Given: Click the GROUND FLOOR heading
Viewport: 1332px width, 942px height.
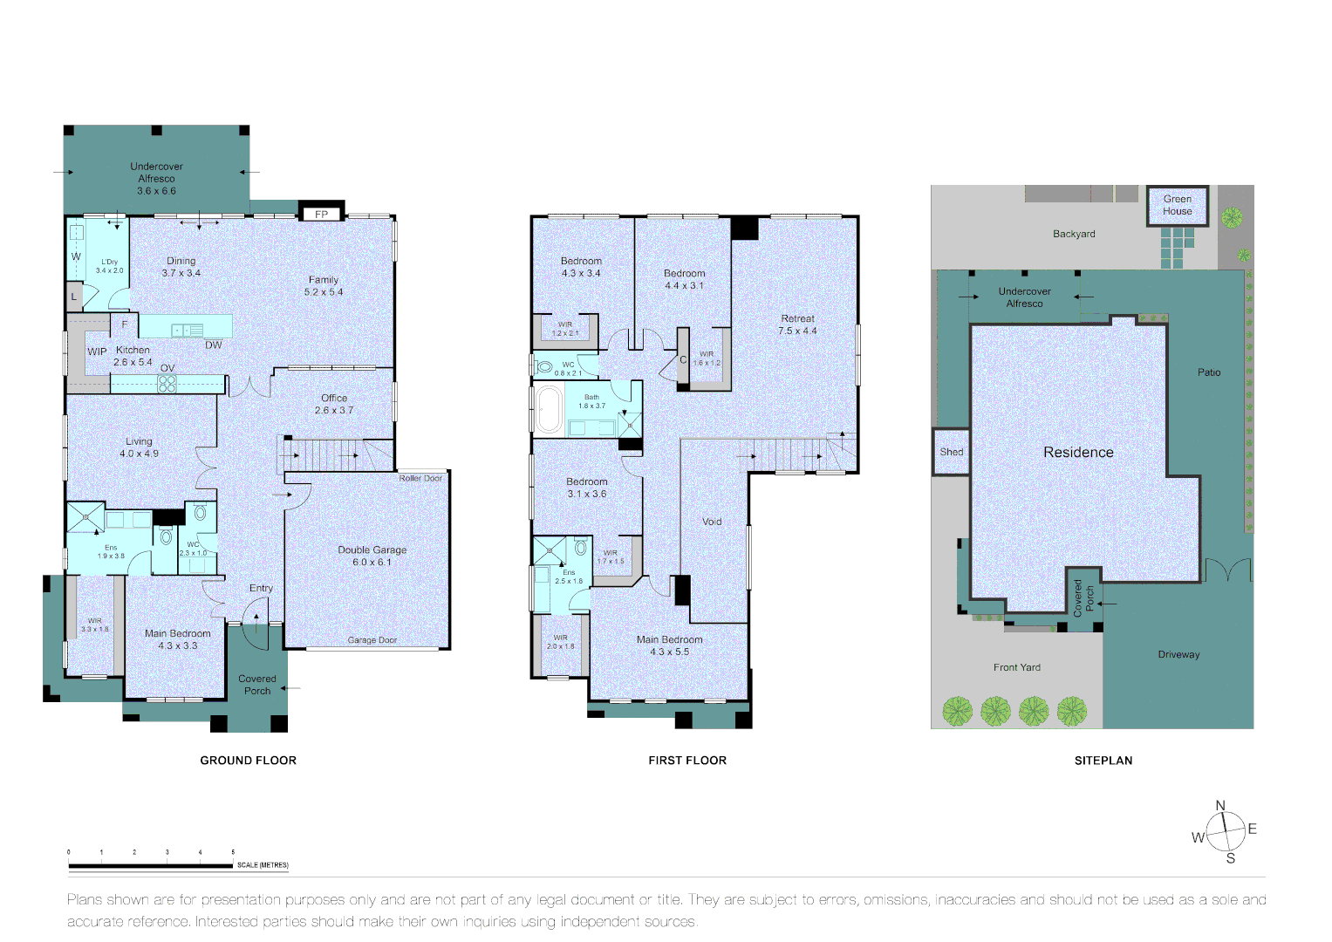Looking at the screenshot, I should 249,761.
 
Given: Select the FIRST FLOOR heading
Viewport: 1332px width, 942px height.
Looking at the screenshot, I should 687,761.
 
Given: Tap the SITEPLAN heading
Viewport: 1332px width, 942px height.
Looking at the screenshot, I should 1103,761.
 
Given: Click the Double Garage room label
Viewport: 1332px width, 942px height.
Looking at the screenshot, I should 372,556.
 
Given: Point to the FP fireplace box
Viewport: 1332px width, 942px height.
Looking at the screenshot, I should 322,214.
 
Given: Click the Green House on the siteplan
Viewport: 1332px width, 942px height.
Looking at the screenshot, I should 1177,206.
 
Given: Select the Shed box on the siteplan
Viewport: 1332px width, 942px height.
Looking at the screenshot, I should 951,452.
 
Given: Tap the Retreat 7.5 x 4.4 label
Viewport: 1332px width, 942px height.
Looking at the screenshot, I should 797,324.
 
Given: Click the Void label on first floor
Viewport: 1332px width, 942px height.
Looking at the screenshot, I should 712,522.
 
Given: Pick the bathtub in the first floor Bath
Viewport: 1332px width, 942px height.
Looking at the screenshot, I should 549,410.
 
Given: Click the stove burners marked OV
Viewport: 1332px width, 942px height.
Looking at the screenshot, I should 167,383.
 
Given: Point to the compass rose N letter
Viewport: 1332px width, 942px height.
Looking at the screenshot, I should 1220,806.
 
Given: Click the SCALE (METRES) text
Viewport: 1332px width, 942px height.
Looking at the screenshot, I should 263,865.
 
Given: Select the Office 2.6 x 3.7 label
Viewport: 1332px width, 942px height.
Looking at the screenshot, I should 334,404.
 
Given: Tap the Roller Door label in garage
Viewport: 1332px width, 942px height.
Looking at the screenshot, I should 420,478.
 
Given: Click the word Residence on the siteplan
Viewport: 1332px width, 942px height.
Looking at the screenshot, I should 1078,452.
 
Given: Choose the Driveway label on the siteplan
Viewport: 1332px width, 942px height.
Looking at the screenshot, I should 1178,654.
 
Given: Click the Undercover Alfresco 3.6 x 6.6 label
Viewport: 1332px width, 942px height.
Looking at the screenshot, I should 157,178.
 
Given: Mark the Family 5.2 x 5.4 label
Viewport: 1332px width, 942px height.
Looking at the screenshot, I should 324,286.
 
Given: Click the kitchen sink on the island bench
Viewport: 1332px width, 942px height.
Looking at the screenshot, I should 188,330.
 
